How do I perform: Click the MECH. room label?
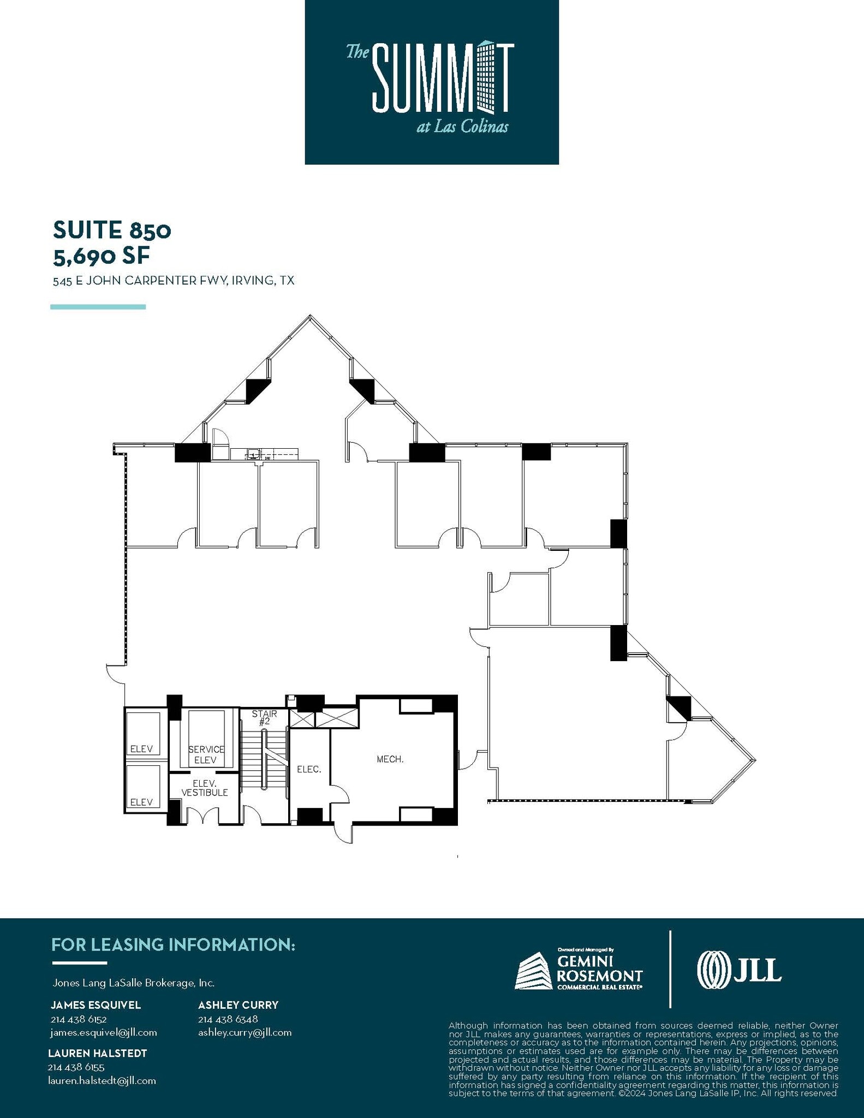pos(390,759)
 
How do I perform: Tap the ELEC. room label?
pos(309,769)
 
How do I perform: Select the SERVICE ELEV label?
pos(206,755)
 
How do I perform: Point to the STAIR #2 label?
pos(264,717)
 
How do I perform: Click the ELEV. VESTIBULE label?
pos(205,788)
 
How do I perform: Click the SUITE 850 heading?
pos(112,230)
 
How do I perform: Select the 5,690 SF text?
pos(101,255)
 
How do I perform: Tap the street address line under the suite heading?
pos(174,281)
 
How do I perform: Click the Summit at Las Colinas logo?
pos(431,82)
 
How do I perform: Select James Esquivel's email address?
pos(104,1032)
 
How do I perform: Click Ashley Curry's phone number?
pos(228,1019)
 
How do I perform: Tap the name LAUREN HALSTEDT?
pos(98,1053)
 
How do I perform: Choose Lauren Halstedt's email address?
pos(102,1080)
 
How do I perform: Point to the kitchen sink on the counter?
pos(253,453)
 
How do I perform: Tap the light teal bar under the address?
pos(98,307)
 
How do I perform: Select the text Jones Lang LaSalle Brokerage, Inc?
pos(133,983)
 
